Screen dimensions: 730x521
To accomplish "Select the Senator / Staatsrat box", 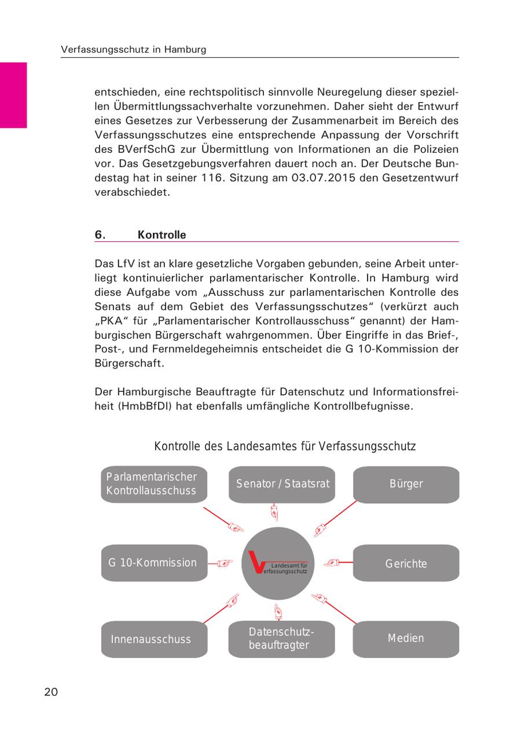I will click(282, 484).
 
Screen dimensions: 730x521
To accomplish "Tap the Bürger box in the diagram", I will click(406, 484).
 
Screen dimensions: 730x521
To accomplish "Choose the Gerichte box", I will click(406, 563).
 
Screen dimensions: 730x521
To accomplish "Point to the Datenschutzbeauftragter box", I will click(282, 639).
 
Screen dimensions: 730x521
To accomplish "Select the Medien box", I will click(406, 639).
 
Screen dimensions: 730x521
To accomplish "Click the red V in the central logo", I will click(255, 562).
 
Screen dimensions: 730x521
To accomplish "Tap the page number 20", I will click(51, 692).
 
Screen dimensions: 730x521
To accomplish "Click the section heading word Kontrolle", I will click(162, 235).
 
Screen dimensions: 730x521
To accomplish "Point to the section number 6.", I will click(100, 235).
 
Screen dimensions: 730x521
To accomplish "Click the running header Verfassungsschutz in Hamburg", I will click(134, 50).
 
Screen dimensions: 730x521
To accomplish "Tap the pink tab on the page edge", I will click(13, 95).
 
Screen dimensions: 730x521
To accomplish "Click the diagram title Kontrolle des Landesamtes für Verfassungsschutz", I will click(285, 447).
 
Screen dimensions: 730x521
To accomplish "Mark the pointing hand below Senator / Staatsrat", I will click(275, 513).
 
